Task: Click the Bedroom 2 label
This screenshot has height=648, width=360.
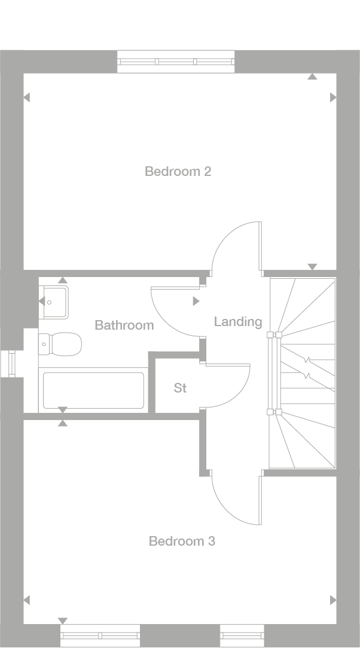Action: (178, 172)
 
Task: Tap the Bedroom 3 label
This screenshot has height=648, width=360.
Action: (182, 541)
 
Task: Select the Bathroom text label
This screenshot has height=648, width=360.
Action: (124, 325)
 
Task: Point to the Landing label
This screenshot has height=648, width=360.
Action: (238, 322)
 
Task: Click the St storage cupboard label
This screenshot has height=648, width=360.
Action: (180, 388)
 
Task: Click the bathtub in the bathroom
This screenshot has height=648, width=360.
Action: (93, 390)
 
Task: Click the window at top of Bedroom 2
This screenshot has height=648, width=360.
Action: (176, 61)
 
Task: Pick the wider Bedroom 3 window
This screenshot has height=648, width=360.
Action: (100, 635)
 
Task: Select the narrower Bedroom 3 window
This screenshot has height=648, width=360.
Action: (242, 635)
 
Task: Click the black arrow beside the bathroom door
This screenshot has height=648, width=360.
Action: (196, 302)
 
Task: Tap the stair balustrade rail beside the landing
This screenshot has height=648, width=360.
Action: (273, 373)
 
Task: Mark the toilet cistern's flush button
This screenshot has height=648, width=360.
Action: (44, 344)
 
